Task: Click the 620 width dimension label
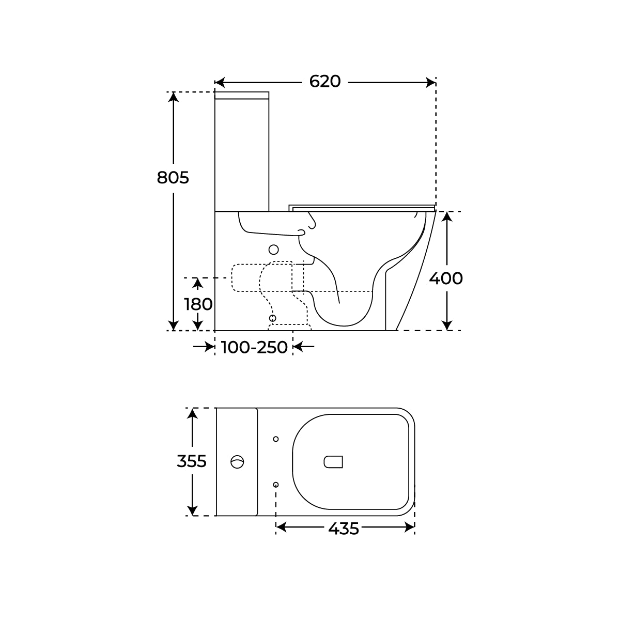point(325,82)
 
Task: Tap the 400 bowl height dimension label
point(446,278)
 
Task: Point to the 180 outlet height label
point(198,304)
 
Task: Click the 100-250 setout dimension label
point(254,347)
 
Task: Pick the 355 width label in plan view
point(192,461)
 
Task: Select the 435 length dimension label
point(343,528)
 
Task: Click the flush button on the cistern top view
point(237,461)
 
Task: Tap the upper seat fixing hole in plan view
point(276,439)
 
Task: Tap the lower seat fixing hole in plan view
point(276,484)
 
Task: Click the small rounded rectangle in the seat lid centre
point(333,462)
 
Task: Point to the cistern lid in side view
point(242,95)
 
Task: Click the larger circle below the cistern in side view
point(274,250)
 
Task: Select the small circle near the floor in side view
point(273,318)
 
